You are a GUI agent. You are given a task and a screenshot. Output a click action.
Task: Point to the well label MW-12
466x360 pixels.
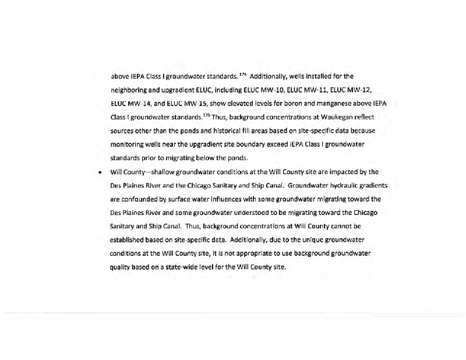tap(360, 90)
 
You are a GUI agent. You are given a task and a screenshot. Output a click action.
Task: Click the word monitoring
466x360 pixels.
tap(128, 144)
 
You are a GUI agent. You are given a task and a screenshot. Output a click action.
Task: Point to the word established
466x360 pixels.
tap(129, 239)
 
